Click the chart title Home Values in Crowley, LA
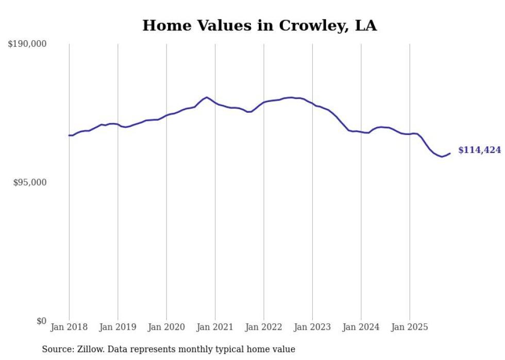click(259, 25)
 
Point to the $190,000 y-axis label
click(27, 44)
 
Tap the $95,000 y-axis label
click(30, 183)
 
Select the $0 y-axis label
click(41, 321)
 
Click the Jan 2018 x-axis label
click(69, 327)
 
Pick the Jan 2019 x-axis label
click(118, 327)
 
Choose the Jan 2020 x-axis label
click(166, 327)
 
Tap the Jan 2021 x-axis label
click(215, 327)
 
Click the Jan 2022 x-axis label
click(264, 327)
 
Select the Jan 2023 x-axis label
click(312, 327)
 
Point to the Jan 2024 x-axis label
click(361, 327)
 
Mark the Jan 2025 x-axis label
click(410, 327)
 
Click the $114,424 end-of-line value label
click(479, 150)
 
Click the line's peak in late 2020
click(207, 97)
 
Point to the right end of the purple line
click(450, 153)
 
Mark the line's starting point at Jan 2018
click(69, 135)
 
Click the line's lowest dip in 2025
click(442, 157)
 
